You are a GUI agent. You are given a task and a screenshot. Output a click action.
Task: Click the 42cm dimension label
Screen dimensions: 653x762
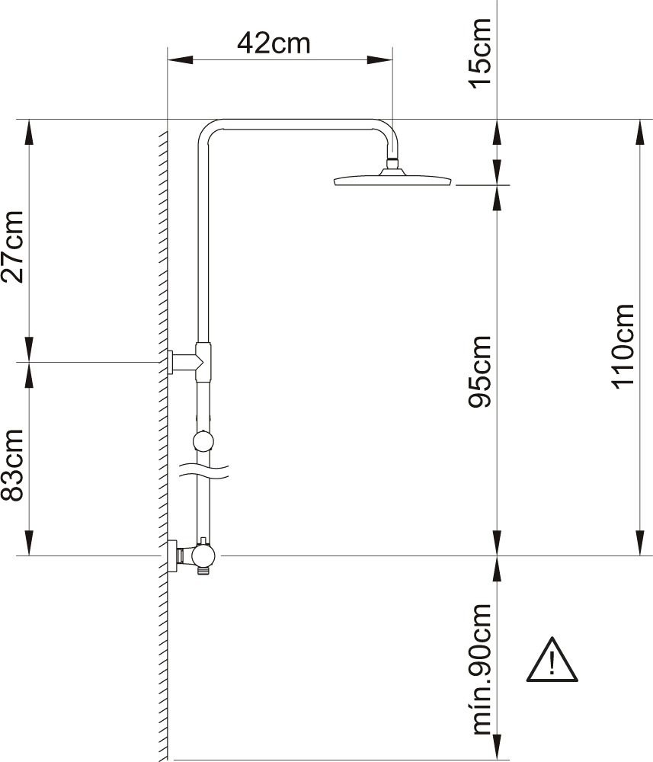(274, 43)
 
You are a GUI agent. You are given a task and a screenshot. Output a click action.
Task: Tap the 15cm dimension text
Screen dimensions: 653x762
(480, 53)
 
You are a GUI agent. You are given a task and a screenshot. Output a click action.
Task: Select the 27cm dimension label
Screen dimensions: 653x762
(13, 246)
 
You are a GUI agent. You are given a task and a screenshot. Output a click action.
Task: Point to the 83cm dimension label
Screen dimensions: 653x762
(13, 465)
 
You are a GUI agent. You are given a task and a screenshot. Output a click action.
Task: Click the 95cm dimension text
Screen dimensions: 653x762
(480, 371)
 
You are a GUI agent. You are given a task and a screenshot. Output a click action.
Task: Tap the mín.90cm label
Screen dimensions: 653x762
(482, 670)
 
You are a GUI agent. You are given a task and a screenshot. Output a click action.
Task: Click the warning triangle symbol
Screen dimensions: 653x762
(552, 660)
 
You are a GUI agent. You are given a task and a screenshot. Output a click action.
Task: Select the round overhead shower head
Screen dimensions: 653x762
(392, 178)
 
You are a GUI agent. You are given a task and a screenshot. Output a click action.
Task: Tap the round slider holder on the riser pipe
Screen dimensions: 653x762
(203, 441)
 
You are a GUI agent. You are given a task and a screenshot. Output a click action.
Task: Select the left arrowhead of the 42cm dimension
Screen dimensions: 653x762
(180, 60)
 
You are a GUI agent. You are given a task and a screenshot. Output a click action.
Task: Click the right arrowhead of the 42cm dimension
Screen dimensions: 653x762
(379, 60)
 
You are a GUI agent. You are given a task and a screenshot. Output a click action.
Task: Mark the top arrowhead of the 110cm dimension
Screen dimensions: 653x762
(639, 132)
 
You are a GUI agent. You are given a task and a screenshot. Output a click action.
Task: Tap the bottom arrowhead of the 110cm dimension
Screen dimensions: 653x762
(639, 543)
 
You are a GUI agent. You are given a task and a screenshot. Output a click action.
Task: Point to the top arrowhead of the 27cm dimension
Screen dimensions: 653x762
(30, 132)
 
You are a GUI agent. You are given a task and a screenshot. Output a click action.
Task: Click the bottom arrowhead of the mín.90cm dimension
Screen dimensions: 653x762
(497, 747)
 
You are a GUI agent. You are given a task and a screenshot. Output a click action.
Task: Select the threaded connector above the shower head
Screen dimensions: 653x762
(392, 163)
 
